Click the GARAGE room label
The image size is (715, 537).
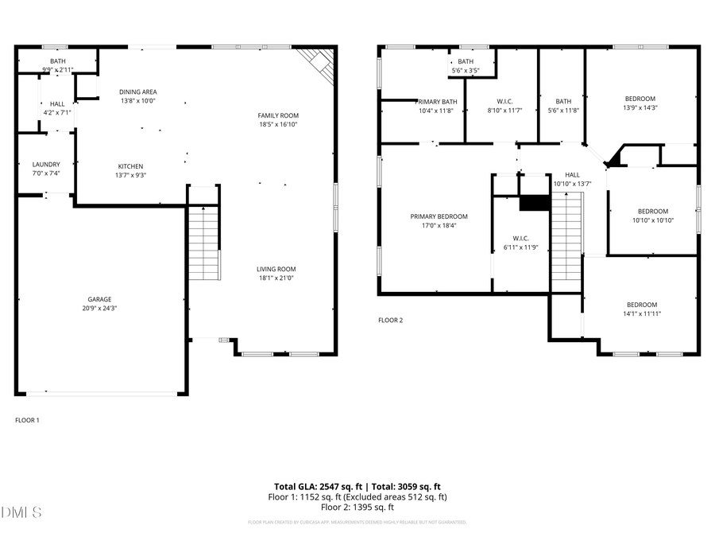pyautogui.click(x=99, y=299)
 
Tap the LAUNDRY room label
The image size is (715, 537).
pyautogui.click(x=46, y=165)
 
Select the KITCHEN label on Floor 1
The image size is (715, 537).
pyautogui.click(x=132, y=166)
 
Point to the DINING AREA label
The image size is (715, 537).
pyautogui.click(x=138, y=92)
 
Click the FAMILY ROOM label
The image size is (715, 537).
pyautogui.click(x=278, y=115)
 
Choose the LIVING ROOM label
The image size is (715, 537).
pyautogui.click(x=276, y=269)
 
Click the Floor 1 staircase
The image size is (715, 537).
pyautogui.click(x=205, y=243)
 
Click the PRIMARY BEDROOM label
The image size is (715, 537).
pyautogui.click(x=439, y=216)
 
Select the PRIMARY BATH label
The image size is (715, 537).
pyautogui.click(x=437, y=102)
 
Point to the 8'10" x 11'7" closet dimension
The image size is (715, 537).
pyautogui.click(x=504, y=111)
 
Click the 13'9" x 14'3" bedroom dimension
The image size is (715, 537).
pyautogui.click(x=640, y=107)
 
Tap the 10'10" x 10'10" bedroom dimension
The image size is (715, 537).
pyautogui.click(x=653, y=220)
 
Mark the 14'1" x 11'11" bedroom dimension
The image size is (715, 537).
pyautogui.click(x=641, y=313)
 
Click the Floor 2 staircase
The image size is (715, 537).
pyautogui.click(x=566, y=239)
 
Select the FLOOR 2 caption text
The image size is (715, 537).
pyautogui.click(x=390, y=321)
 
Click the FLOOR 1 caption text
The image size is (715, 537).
pyautogui.click(x=27, y=420)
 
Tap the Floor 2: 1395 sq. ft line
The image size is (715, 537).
pyautogui.click(x=357, y=507)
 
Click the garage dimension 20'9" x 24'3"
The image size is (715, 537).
pyautogui.click(x=99, y=309)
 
